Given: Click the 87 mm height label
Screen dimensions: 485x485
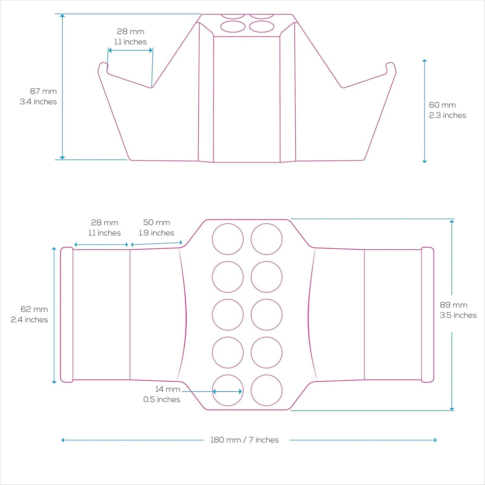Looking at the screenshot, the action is [43, 91].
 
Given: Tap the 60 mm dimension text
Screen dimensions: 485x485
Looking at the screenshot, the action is [442, 105].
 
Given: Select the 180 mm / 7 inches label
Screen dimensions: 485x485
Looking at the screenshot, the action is [244, 440].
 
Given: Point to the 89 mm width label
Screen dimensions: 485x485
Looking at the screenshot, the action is [453, 305].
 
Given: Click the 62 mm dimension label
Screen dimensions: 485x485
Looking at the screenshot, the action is [34, 309].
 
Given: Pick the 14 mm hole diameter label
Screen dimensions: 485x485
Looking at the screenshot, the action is [167, 389].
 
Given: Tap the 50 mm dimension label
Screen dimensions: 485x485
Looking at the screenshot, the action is [156, 223].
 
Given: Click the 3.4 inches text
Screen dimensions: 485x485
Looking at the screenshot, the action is [38, 102].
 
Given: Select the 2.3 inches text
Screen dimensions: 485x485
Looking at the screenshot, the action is [447, 115].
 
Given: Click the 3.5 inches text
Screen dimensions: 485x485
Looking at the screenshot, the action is [458, 315].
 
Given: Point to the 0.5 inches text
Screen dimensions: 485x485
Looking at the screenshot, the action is [161, 399].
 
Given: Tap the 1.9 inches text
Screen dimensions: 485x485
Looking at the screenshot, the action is [156, 233].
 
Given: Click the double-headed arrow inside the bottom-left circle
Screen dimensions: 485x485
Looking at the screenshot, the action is [228, 391].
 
